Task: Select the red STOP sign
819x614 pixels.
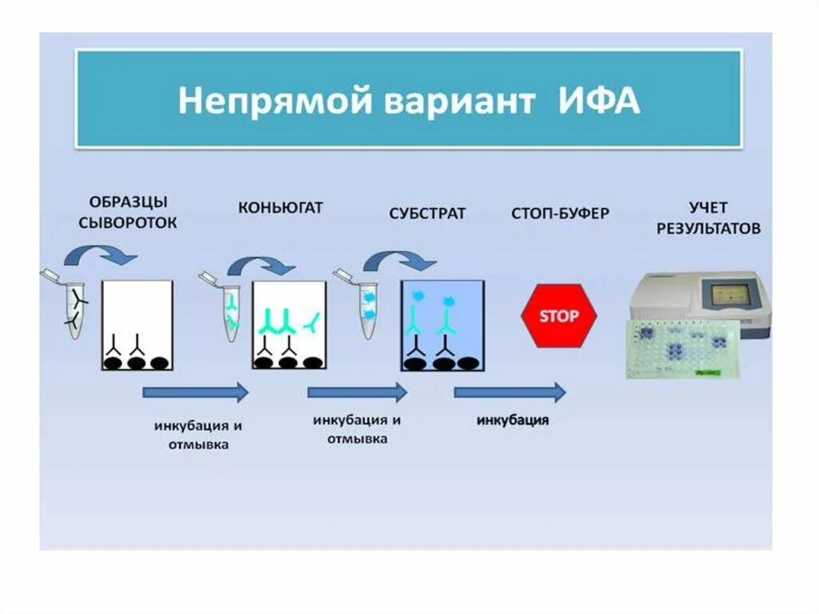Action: click(558, 316)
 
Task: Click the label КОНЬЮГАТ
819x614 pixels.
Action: click(280, 208)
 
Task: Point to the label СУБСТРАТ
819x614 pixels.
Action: click(427, 215)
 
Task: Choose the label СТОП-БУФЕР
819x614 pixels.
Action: click(560, 214)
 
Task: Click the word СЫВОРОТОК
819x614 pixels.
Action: click(128, 224)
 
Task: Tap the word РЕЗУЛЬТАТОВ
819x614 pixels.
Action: click(709, 229)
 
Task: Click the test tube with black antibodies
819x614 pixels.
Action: click(75, 309)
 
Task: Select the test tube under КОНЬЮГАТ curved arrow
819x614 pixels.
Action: click(230, 311)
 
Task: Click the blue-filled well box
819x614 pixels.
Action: click(442, 325)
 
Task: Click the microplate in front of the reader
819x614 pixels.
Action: click(683, 349)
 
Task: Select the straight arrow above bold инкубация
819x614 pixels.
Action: click(510, 392)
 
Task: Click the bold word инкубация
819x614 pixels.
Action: click(513, 421)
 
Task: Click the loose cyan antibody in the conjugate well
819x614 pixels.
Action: click(313, 322)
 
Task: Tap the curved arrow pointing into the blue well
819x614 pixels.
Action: click(399, 260)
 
